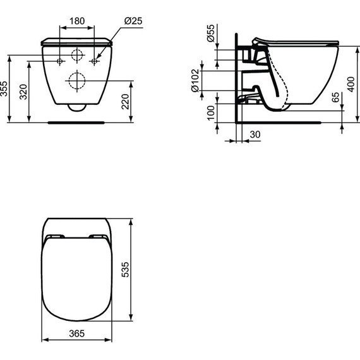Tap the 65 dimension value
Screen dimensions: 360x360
pyautogui.click(x=335, y=100)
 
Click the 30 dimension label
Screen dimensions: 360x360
pyautogui.click(x=255, y=134)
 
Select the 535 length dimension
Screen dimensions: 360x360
pyautogui.click(x=126, y=269)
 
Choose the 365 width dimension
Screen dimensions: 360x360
pyautogui.click(x=76, y=332)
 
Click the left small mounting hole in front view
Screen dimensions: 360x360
pyautogui.click(x=60, y=61)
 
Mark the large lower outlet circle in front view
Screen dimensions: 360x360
pyautogui.click(x=77, y=81)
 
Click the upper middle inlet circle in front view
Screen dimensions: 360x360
pyautogui.click(x=77, y=54)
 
